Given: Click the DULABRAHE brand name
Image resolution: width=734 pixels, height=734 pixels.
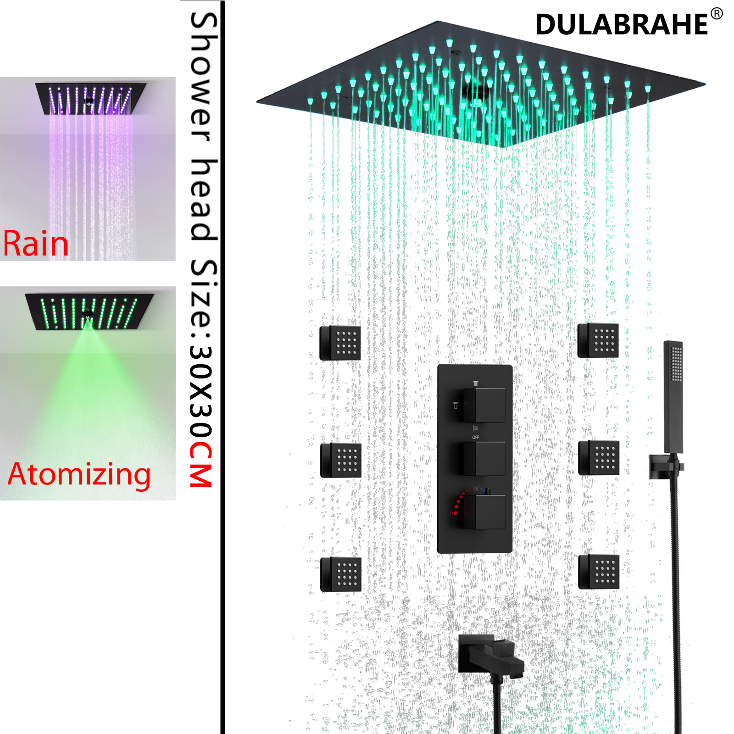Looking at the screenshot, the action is coord(622,24).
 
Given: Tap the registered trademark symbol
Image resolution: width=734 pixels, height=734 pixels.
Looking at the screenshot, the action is coord(717,14).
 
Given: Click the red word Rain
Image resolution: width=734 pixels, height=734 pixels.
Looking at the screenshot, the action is coord(36,244).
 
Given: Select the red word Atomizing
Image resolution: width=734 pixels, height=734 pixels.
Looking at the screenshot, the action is coord(79,474).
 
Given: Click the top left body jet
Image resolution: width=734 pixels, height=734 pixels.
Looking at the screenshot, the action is coord(340,343).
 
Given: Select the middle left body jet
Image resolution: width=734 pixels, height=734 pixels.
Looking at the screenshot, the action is coord(340,460).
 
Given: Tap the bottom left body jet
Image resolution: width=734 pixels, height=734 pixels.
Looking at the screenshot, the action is coord(340,574).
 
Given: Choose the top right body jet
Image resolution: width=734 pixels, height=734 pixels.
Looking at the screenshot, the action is coord(598,340).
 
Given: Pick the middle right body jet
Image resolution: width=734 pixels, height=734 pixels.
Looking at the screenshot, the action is coord(599,458).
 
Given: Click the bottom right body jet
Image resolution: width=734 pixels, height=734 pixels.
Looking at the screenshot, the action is coord(599,572).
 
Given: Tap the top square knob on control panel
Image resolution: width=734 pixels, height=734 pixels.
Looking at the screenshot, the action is coord(484,405).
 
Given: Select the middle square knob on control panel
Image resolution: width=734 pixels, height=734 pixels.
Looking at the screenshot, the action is coord(484,459).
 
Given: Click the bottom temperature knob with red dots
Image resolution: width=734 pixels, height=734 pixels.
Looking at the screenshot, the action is coord(484,512).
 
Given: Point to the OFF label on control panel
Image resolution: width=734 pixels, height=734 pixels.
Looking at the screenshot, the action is coord(476,437).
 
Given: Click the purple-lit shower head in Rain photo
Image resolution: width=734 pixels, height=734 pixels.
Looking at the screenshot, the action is coord(91,97).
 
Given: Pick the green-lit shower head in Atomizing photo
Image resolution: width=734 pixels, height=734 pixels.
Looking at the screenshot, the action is coord(89,311).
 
